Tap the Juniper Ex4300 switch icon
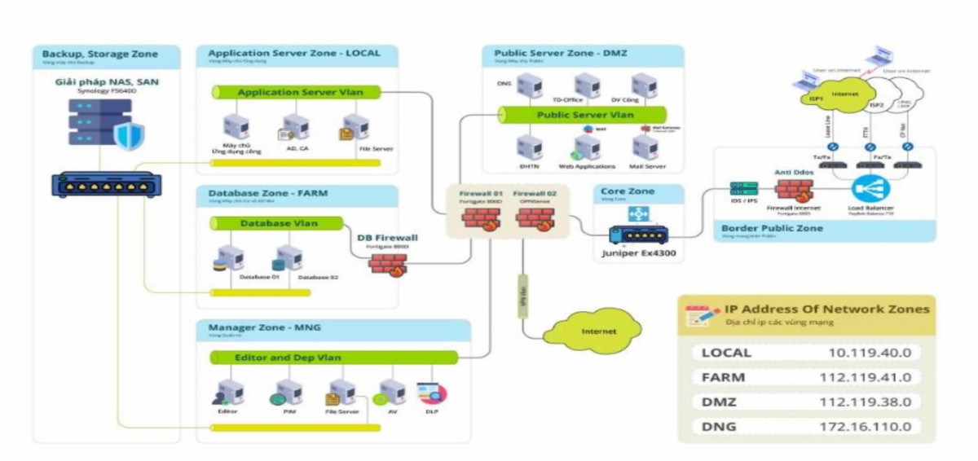(x=637, y=233)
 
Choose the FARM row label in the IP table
(x=723, y=377)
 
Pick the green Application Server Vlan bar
(x=299, y=92)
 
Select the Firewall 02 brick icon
(x=535, y=217)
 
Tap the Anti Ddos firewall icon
(x=791, y=188)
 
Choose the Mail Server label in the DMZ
(x=648, y=167)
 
